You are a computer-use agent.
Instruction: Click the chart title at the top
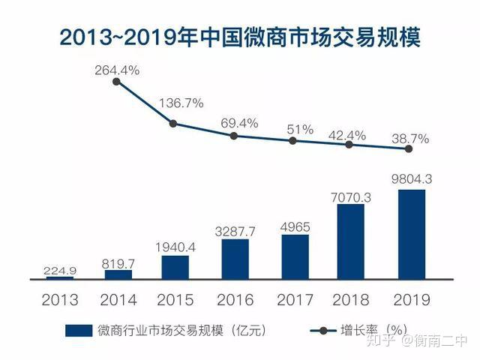pyautogui.click(x=240, y=35)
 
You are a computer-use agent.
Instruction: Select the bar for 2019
pyautogui.click(x=411, y=233)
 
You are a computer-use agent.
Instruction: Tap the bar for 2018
pyautogui.click(x=351, y=241)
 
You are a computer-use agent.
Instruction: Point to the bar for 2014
pyautogui.click(x=118, y=274)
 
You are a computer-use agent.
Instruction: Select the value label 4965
pyautogui.click(x=295, y=225)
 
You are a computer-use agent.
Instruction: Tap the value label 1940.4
pyautogui.click(x=175, y=246)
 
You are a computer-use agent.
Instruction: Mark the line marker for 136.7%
pyautogui.click(x=173, y=123)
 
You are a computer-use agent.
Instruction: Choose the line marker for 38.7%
pyautogui.click(x=409, y=148)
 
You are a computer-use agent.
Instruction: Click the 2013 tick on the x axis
pyautogui.click(x=60, y=300)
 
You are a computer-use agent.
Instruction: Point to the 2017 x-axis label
pyautogui.click(x=295, y=300)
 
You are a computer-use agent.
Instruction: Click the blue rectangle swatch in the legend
pyautogui.click(x=80, y=331)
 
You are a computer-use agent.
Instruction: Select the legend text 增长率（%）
pyautogui.click(x=373, y=331)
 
